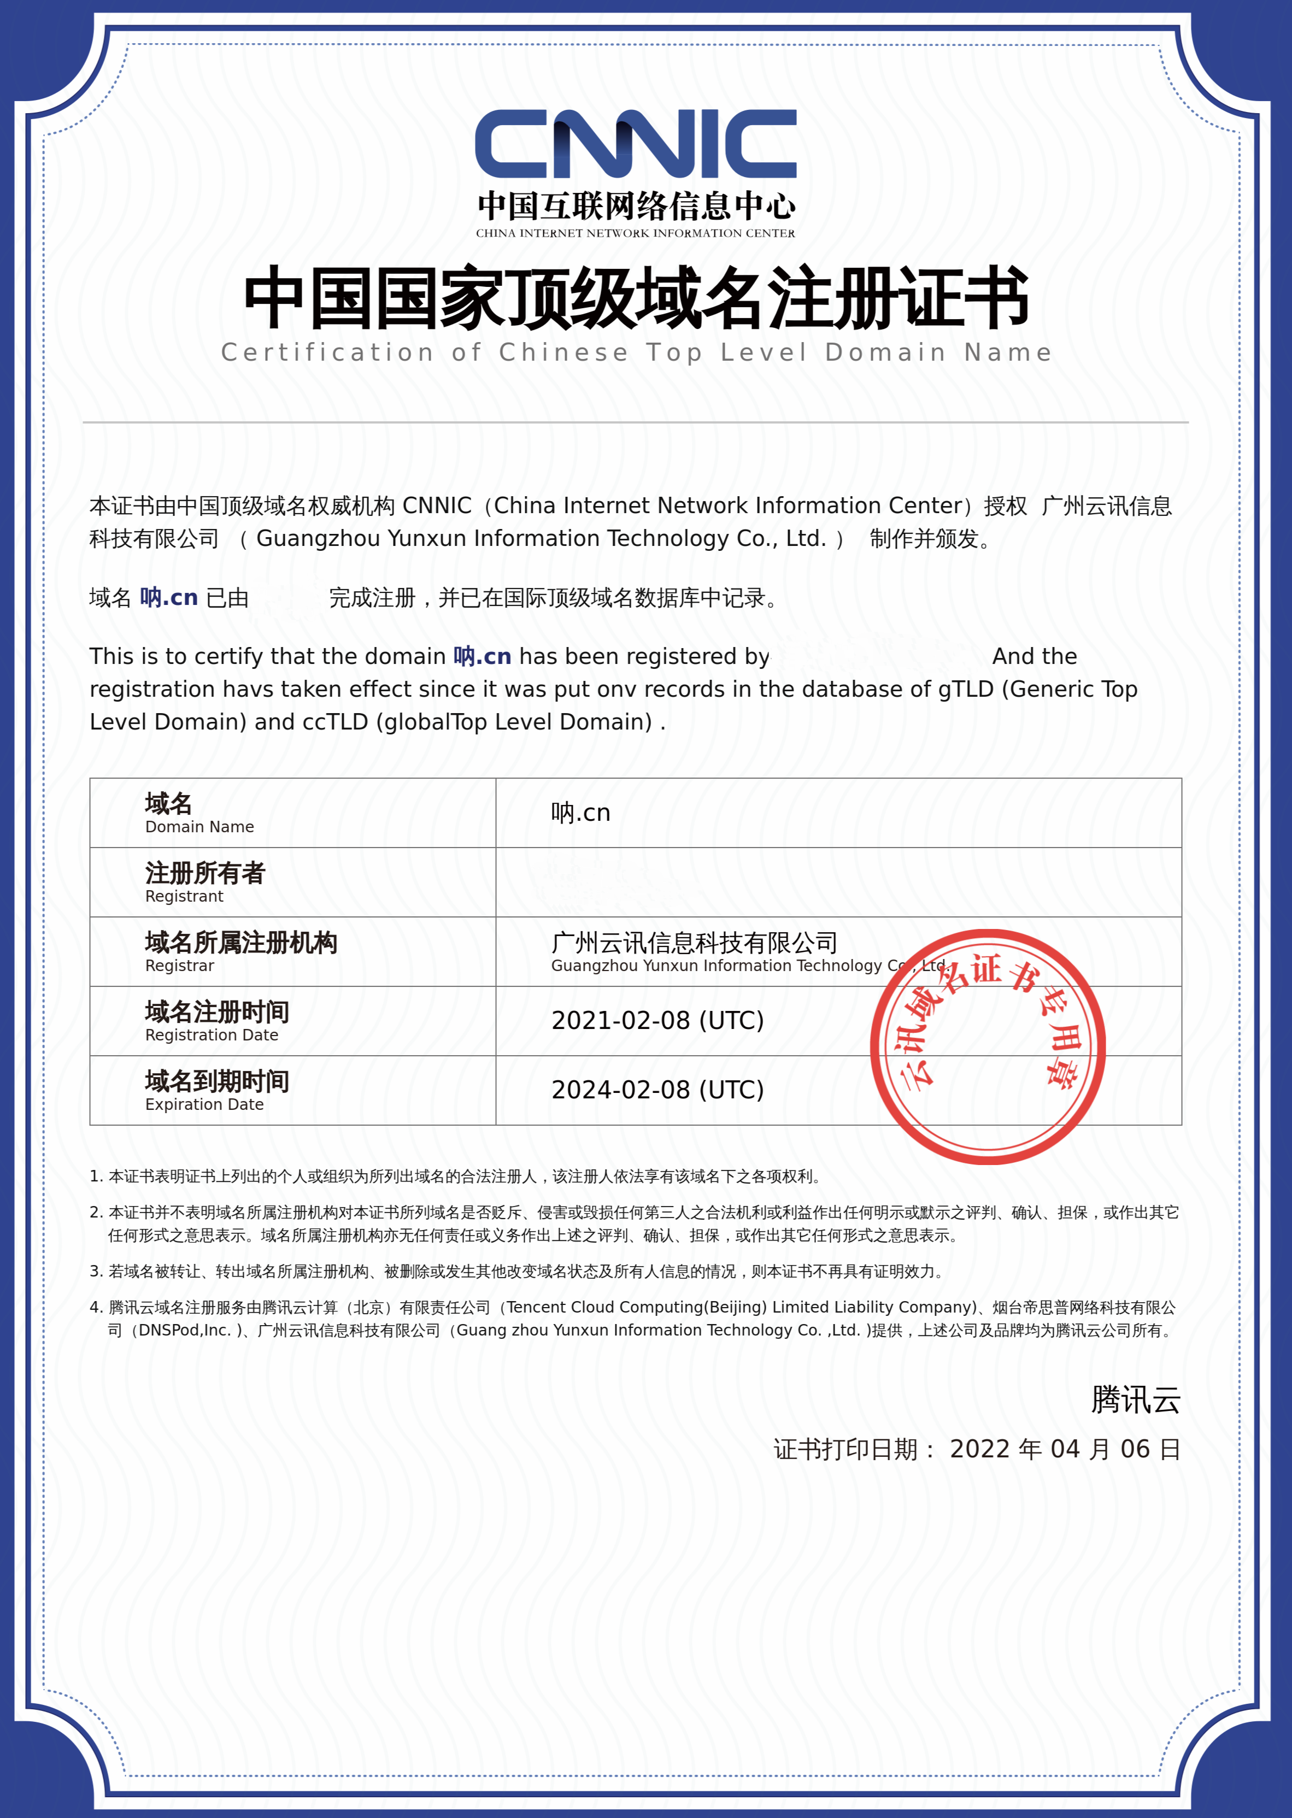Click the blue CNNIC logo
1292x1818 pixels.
(x=636, y=144)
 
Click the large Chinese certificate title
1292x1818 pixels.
(x=637, y=298)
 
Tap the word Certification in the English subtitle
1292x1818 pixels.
(x=327, y=352)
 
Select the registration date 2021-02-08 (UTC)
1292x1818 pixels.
(x=657, y=1020)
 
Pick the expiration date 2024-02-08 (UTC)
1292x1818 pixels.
(x=657, y=1090)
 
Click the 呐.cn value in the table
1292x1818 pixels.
(x=581, y=813)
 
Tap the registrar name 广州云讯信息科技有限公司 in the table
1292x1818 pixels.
(x=694, y=943)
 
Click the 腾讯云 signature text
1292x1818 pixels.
(x=1135, y=1399)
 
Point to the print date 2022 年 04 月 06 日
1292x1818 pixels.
(x=1065, y=1449)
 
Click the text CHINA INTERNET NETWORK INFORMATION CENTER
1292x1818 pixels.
(x=636, y=233)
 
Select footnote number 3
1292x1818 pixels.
(x=96, y=1272)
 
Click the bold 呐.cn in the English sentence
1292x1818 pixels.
(x=482, y=656)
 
